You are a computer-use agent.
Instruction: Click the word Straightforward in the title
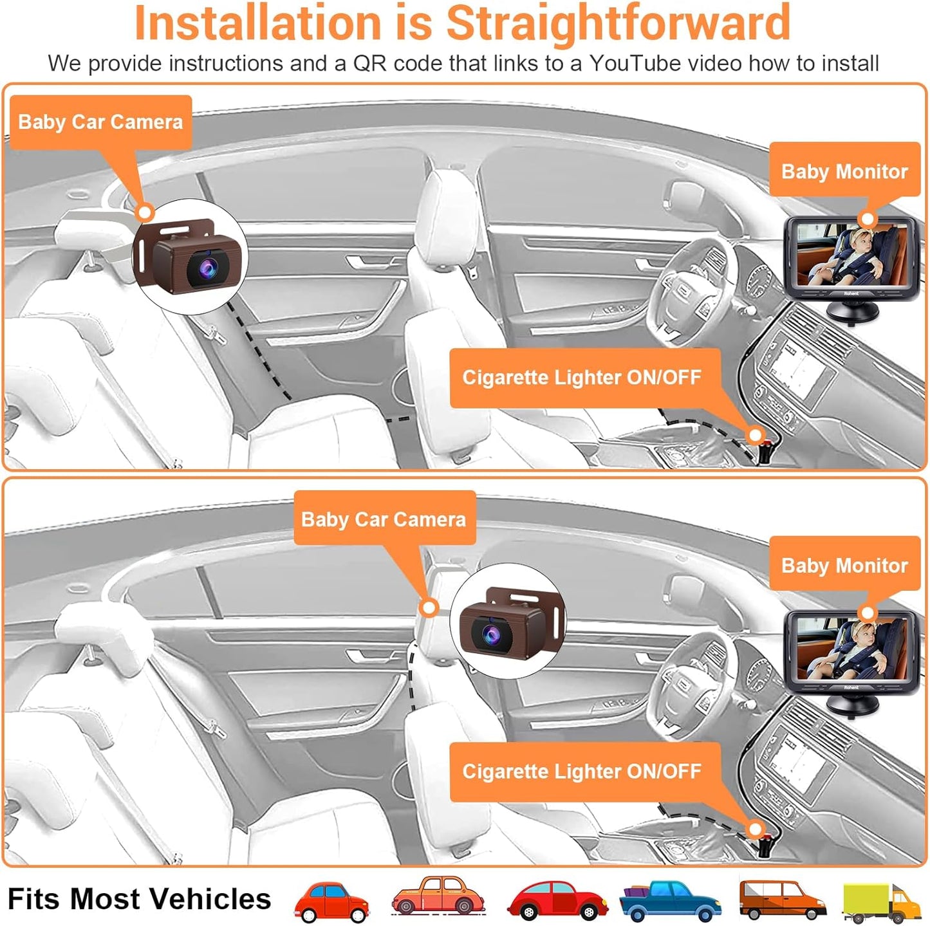point(618,23)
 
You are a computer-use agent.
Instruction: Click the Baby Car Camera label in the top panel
point(100,122)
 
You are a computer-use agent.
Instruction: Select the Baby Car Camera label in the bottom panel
point(384,519)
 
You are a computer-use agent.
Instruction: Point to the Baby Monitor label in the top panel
point(844,171)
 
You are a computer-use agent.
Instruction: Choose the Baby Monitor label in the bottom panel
point(844,566)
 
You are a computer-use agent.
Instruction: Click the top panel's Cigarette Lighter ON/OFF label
point(582,378)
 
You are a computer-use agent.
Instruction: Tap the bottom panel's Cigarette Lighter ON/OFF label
point(582,772)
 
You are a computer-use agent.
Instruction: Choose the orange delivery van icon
point(781,901)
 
